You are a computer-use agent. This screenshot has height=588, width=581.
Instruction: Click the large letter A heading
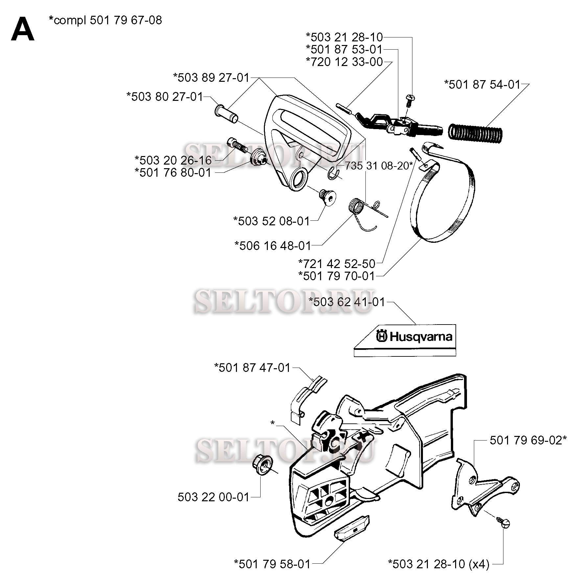point(22,30)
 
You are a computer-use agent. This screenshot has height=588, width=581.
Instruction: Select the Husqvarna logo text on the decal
point(416,337)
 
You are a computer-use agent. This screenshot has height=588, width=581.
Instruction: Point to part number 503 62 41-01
point(347,302)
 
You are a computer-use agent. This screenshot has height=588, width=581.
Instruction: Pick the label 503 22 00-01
point(214,497)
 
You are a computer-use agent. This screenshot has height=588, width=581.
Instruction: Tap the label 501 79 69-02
point(528,440)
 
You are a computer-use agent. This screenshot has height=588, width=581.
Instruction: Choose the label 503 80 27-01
point(165,97)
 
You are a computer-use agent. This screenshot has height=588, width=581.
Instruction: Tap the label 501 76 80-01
point(173,172)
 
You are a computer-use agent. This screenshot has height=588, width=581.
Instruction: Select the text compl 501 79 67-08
point(105,20)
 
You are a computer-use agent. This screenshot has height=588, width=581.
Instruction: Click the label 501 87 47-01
point(252,367)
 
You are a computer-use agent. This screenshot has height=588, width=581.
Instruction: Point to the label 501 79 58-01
point(272,564)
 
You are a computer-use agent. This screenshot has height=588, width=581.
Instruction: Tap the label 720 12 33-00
point(344,61)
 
